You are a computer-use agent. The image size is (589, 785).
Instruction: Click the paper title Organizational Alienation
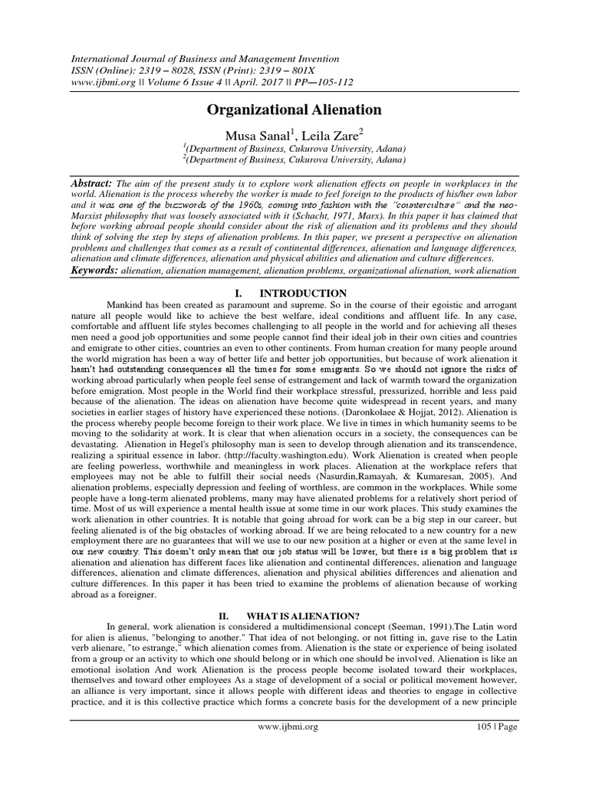click(x=294, y=110)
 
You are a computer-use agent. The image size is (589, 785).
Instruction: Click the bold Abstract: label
click(x=91, y=184)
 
